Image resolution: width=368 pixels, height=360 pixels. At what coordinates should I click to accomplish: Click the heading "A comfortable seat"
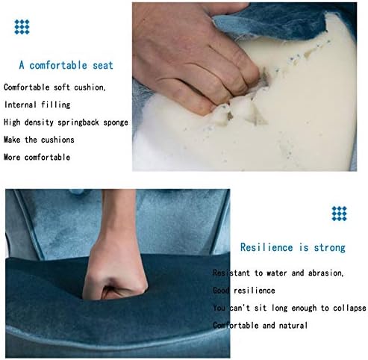66,65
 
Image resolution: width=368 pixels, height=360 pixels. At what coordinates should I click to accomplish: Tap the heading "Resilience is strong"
293,247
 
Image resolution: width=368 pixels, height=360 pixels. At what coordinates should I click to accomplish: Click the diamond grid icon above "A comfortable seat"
22,27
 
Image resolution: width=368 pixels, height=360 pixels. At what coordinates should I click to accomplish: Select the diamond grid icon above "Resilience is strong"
339,214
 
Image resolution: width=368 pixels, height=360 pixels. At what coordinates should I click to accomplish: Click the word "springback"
78,122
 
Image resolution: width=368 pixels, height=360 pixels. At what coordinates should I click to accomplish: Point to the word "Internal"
21,105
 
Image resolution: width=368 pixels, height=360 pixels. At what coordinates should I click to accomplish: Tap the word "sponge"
116,122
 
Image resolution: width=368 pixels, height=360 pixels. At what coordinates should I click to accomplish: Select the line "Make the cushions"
39,140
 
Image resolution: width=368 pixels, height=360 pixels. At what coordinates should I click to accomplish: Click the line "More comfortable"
37,157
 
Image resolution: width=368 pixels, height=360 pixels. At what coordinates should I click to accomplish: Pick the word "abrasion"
325,273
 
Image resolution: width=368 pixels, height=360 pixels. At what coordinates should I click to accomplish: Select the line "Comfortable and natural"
260,326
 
